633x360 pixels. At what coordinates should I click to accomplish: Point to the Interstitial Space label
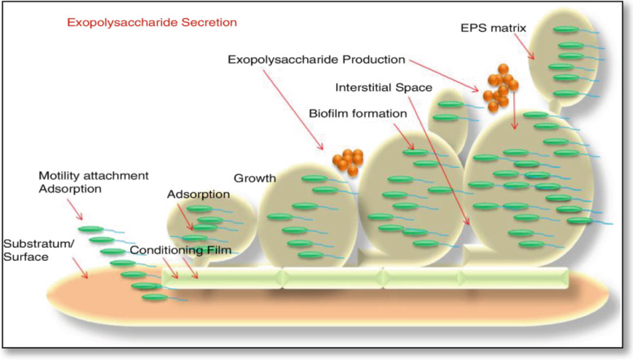[x=383, y=86]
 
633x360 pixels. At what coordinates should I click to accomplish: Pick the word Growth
[x=255, y=178]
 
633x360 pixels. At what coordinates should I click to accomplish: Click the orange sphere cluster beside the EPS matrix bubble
[x=499, y=89]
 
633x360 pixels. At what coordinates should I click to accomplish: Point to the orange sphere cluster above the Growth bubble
[x=348, y=160]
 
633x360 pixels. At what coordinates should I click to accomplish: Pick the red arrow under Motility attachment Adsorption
[x=73, y=211]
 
